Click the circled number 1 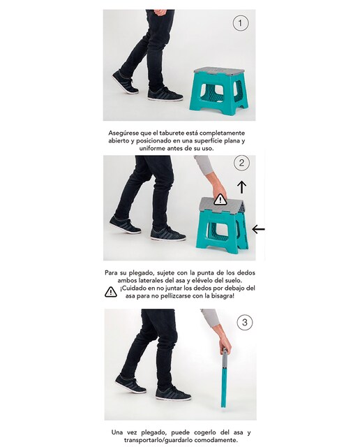click(241, 23)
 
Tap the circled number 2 click(241, 163)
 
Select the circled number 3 click(245, 323)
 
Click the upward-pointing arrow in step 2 click(242, 186)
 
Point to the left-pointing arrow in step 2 click(259, 229)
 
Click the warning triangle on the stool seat click(220, 199)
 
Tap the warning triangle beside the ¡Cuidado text click(111, 292)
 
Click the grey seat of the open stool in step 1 click(219, 71)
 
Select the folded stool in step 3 click(225, 378)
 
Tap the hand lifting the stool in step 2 click(220, 189)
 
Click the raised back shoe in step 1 click(125, 82)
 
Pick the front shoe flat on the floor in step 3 click(173, 393)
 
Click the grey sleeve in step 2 click(204, 165)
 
